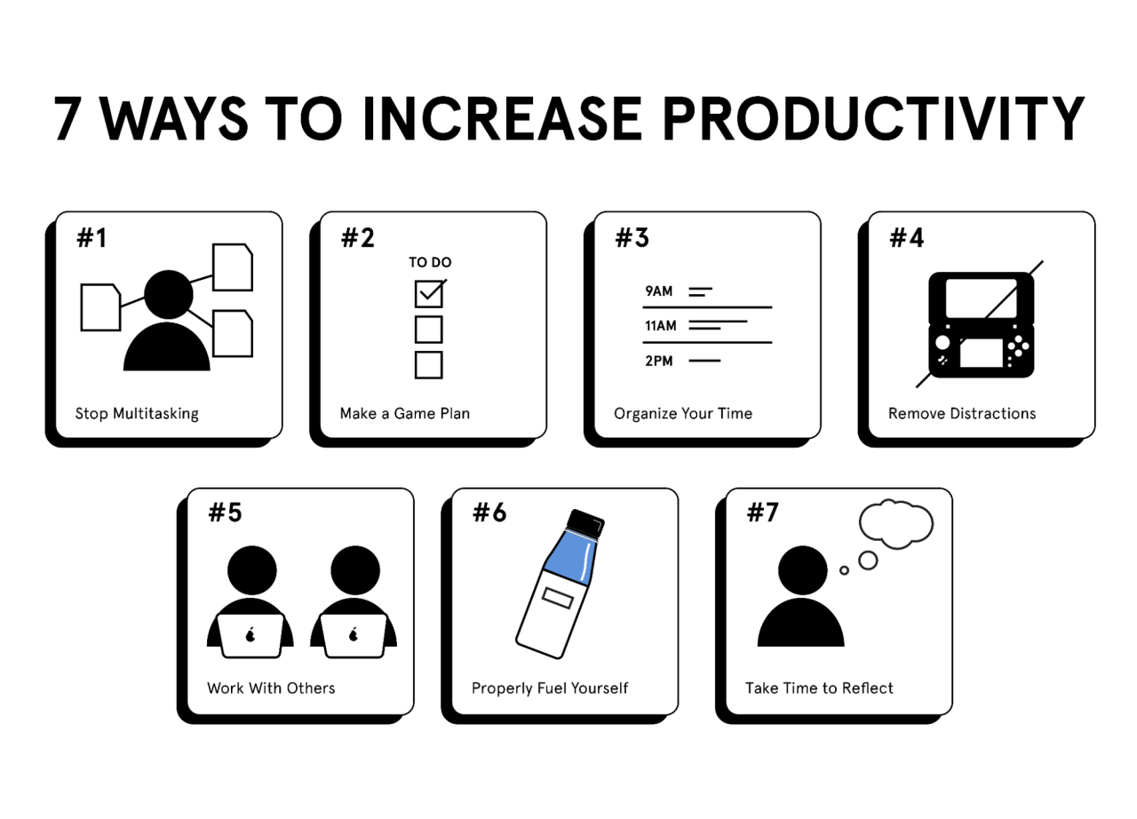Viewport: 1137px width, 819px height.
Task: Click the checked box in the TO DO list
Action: [429, 293]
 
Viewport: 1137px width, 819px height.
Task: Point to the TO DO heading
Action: [430, 262]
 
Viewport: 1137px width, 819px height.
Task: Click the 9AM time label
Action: [659, 290]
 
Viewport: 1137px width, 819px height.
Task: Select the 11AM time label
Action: [661, 326]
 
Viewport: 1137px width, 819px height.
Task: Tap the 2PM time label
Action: [659, 361]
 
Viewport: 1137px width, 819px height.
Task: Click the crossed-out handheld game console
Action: [981, 324]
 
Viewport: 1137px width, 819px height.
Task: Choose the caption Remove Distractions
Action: [961, 413]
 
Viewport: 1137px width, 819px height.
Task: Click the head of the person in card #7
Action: [802, 569]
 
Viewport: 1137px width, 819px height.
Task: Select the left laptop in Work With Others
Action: [250, 634]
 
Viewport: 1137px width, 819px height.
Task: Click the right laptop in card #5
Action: [354, 634]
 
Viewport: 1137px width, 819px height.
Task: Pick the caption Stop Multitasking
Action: [137, 413]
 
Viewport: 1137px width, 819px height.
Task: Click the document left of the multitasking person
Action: [100, 307]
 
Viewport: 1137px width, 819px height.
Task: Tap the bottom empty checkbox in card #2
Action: [429, 364]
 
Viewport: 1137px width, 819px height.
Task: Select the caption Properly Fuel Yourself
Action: [550, 688]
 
